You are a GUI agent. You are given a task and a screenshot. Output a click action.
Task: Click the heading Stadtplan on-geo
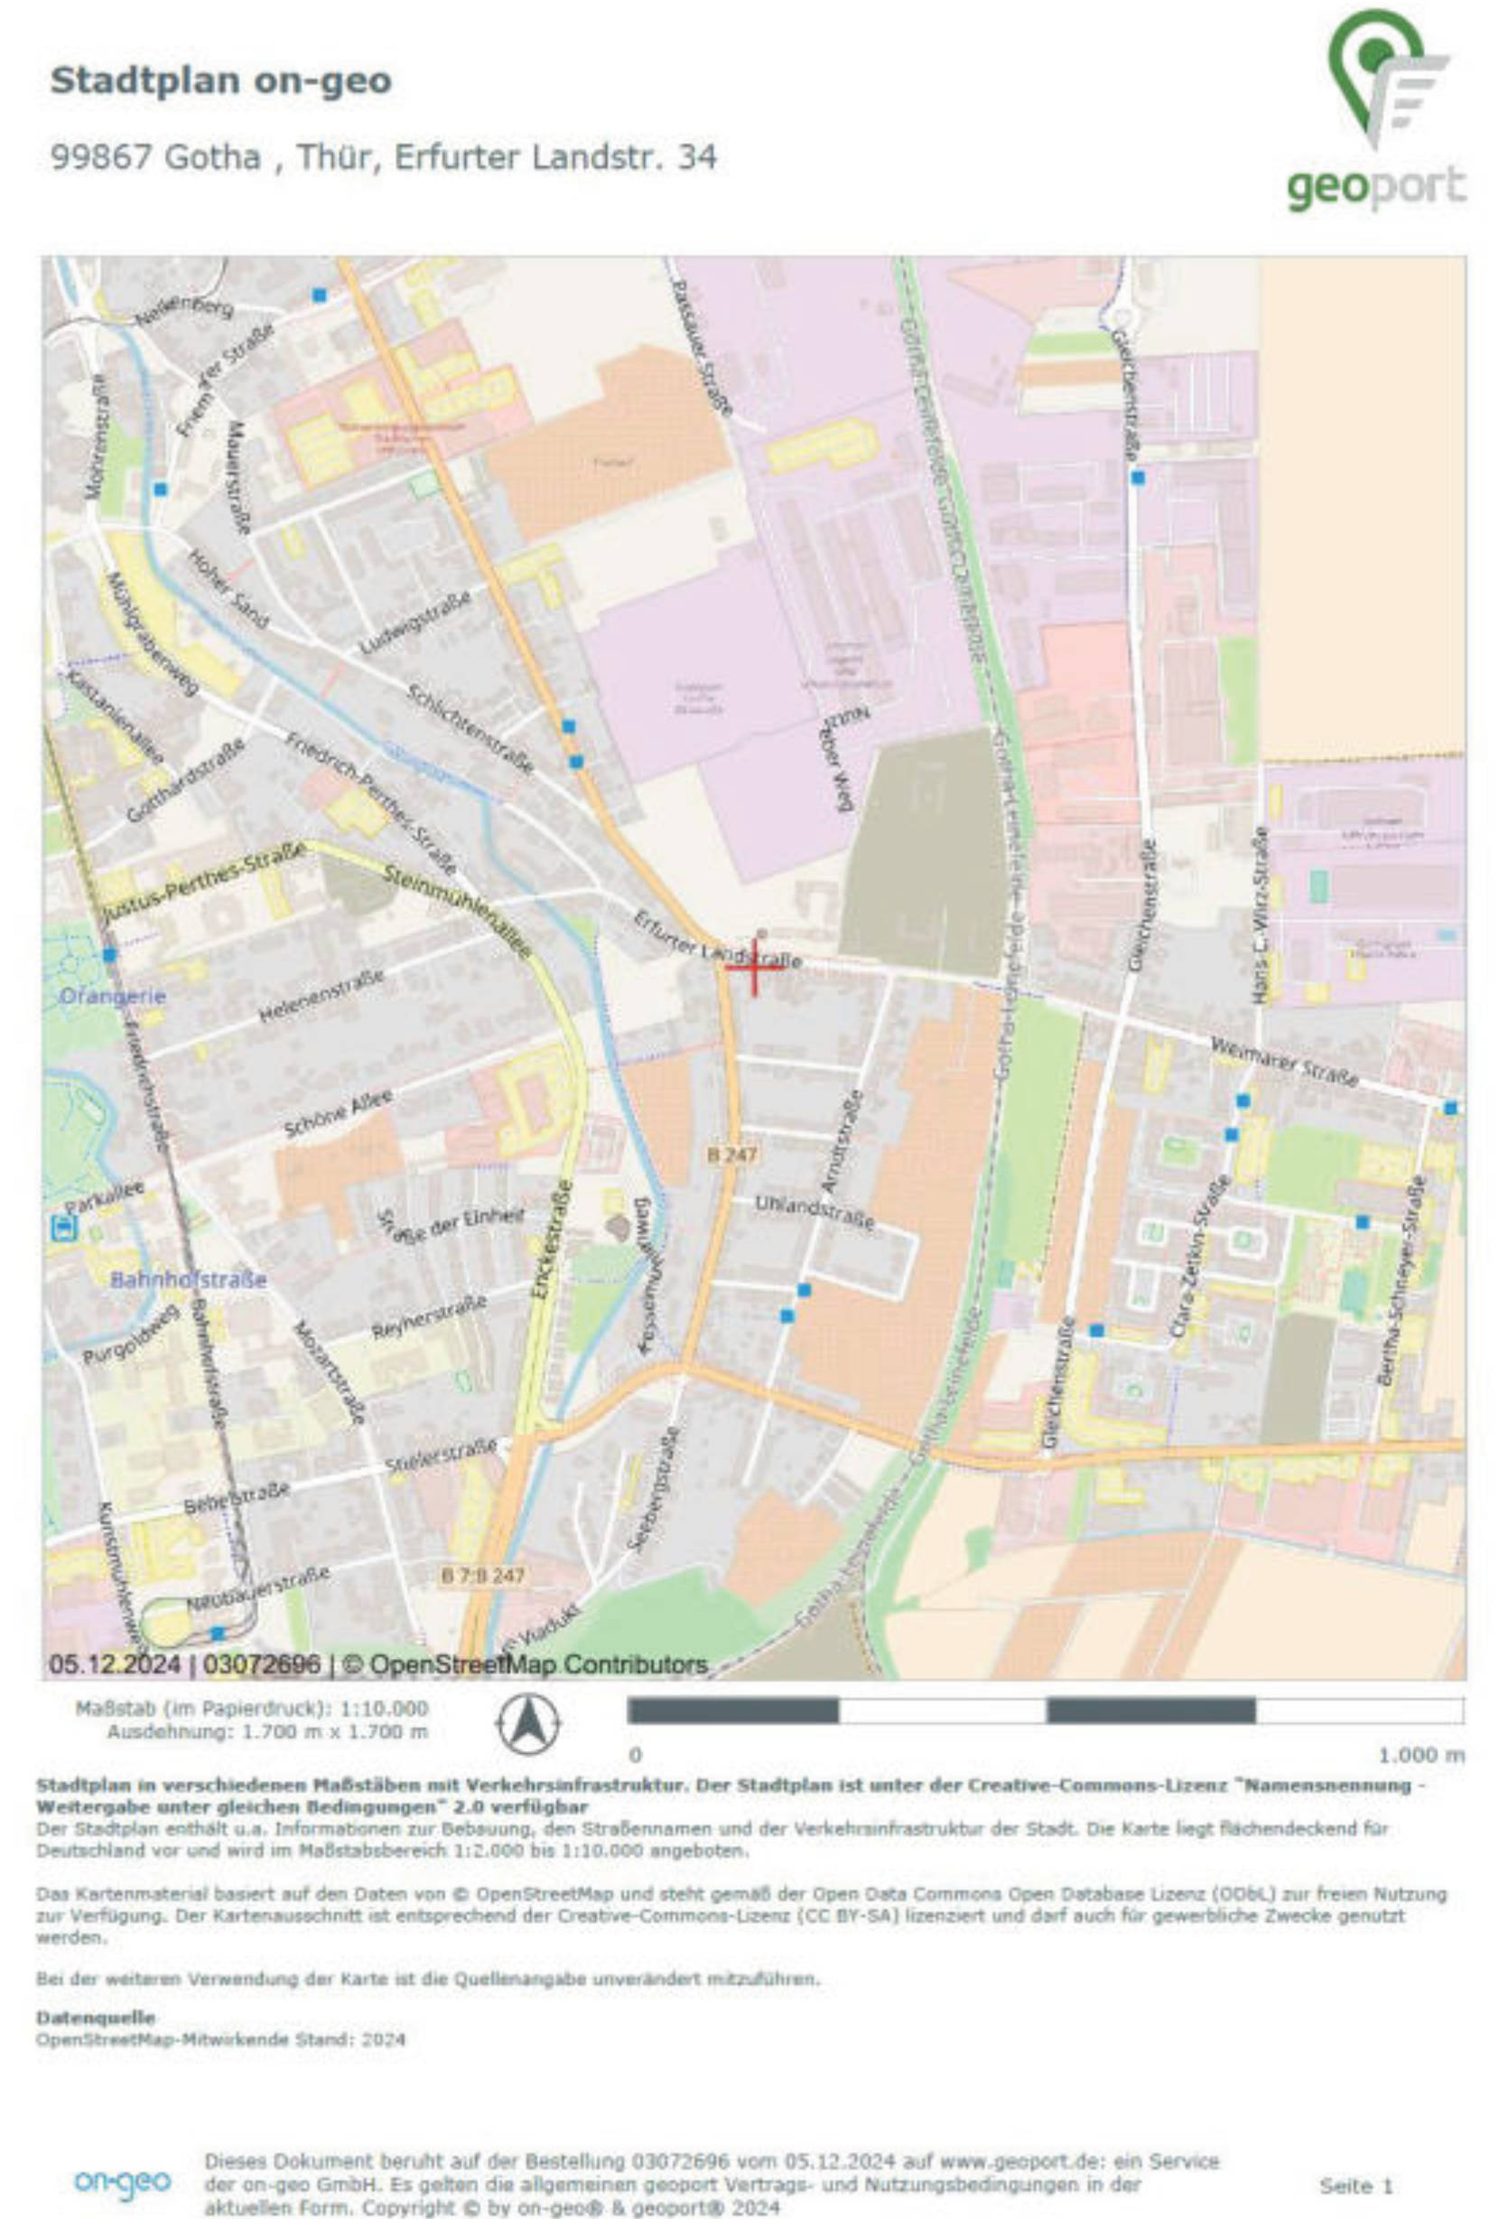pos(220,80)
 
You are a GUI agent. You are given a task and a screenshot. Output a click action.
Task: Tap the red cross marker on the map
pos(753,966)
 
